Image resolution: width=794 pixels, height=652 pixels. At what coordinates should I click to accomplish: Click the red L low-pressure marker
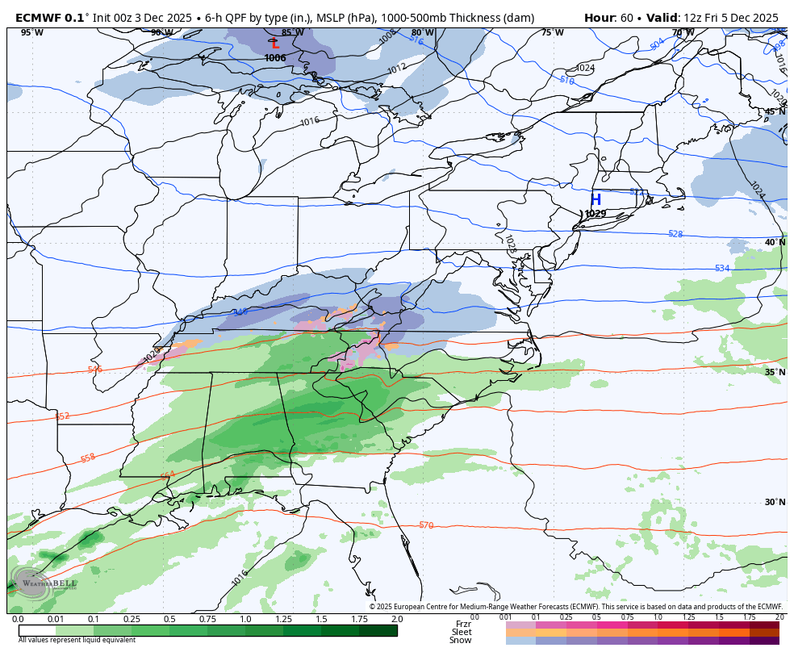(275, 44)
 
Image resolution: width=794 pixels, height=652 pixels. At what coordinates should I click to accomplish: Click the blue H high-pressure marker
(595, 200)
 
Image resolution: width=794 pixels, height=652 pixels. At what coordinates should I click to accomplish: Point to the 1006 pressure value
(275, 58)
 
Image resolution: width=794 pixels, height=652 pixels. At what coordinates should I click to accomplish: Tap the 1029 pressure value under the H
(595, 214)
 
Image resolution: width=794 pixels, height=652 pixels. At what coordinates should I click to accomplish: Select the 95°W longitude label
(31, 33)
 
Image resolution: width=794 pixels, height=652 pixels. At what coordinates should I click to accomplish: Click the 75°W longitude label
(552, 33)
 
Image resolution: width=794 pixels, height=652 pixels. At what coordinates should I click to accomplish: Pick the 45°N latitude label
(775, 112)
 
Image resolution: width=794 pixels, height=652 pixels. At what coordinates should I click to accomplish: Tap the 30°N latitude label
(775, 502)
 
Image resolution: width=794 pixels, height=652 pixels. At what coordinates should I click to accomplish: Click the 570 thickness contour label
(426, 525)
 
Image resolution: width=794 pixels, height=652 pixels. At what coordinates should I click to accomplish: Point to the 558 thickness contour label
(88, 458)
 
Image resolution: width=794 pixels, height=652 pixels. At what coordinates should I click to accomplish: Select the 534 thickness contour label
(722, 268)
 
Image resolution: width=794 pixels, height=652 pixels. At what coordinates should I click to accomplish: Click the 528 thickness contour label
(675, 234)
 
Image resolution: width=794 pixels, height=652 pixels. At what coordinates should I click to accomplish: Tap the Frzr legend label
(463, 624)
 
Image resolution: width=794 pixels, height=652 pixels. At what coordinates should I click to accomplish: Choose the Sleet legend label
(462, 632)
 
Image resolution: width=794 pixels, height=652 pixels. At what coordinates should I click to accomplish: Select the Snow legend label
(461, 641)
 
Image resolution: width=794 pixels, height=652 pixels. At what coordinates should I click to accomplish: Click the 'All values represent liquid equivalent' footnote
(77, 640)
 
